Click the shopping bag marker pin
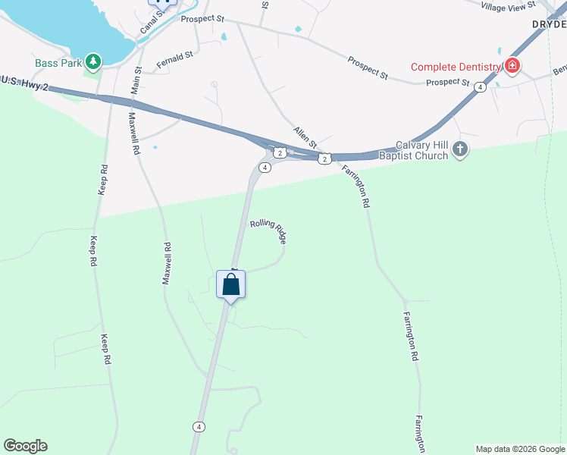tap(231, 286)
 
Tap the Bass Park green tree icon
tap(93, 61)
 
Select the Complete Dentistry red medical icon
tap(512, 66)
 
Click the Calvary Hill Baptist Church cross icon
tap(460, 151)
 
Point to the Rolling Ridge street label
tap(268, 231)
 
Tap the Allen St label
tap(305, 138)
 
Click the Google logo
tap(25, 446)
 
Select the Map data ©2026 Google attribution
tap(520, 449)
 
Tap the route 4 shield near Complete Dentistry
tap(480, 88)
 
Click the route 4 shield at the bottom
tap(199, 427)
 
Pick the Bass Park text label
tap(58, 63)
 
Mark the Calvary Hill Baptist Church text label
tap(423, 150)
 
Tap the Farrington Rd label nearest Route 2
tap(356, 187)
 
